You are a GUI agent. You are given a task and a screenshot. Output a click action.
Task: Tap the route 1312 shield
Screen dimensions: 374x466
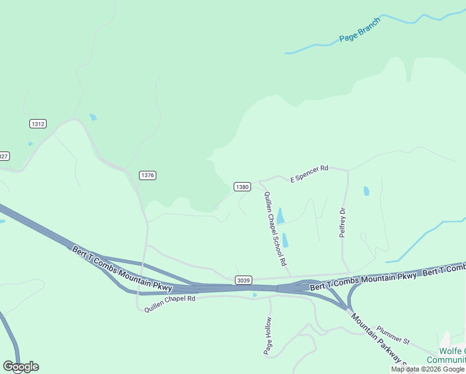click(37, 124)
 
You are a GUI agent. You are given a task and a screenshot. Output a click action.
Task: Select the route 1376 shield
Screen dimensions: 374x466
click(147, 175)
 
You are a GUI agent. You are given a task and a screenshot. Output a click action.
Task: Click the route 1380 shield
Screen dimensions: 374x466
click(242, 186)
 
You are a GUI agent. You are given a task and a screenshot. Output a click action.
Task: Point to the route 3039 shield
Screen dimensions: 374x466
click(244, 280)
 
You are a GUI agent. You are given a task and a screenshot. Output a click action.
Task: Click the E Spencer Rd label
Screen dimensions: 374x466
click(309, 173)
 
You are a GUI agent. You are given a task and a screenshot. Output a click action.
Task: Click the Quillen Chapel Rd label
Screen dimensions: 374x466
click(170, 303)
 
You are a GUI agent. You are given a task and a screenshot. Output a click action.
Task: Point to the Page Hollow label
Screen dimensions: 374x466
click(268, 336)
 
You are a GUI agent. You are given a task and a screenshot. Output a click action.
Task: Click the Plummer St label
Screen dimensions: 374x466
click(392, 335)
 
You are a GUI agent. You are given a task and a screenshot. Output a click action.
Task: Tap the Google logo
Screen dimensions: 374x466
click(21, 367)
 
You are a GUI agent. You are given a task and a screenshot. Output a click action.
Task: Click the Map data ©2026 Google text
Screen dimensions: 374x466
click(427, 369)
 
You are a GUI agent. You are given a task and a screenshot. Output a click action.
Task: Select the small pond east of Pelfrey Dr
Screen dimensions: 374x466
click(366, 191)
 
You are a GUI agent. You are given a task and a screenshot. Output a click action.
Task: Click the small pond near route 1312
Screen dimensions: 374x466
click(93, 117)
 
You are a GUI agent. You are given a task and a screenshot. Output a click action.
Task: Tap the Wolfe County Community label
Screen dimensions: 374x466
click(447, 355)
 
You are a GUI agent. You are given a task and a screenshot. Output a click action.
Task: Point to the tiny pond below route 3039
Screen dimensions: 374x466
click(254, 295)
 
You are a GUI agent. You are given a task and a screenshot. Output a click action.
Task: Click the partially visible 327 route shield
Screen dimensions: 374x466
click(4, 156)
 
